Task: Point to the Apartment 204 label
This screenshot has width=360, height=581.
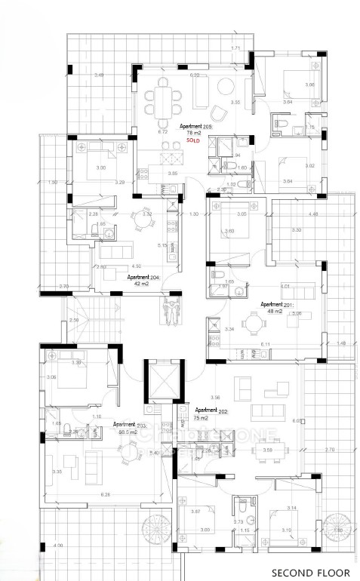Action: (122, 277)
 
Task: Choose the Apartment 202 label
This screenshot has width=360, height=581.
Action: (212, 410)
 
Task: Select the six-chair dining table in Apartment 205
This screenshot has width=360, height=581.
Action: (164, 99)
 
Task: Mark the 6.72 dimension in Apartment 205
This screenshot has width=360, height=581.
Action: (162, 131)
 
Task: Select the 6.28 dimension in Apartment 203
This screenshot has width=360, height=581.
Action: (105, 493)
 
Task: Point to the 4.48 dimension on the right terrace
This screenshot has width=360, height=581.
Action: (313, 214)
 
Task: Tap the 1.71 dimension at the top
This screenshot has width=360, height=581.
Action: (235, 48)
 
